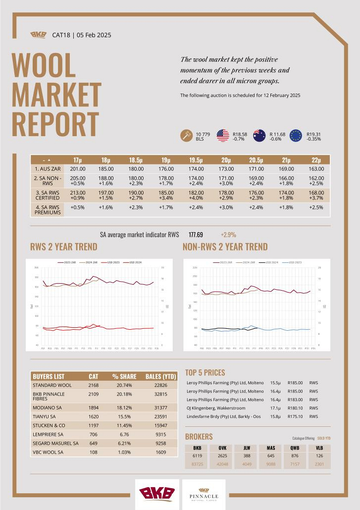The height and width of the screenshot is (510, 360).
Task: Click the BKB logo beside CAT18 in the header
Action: tap(38, 35)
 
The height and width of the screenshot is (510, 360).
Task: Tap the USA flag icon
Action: tap(222, 135)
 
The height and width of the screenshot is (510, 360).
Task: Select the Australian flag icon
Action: tap(259, 135)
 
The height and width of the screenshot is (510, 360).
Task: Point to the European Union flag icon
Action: tap(296, 135)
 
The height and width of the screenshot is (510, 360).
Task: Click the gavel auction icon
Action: tap(186, 135)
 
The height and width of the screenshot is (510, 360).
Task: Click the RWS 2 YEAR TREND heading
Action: tap(64, 247)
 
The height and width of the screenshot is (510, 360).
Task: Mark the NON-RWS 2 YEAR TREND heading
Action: tap(225, 247)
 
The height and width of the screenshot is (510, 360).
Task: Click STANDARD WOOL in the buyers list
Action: tap(52, 385)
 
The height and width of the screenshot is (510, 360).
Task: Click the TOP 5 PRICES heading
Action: tap(205, 372)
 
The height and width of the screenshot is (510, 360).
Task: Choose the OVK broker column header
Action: tap(222, 448)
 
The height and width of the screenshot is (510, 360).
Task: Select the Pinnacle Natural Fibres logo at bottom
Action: tap(204, 494)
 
